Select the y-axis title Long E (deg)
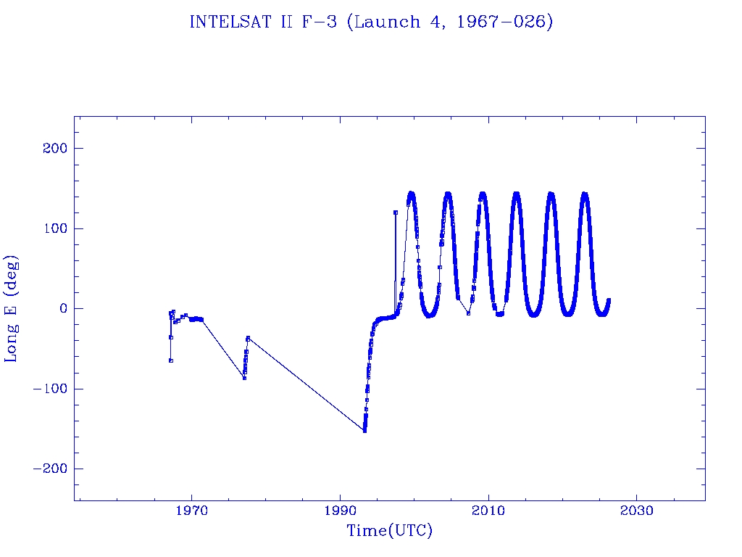coord(12,308)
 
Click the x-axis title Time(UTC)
coord(389,531)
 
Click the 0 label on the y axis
coord(62,309)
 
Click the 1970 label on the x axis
coord(191,511)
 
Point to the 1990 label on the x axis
coord(340,511)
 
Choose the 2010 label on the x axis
coord(488,511)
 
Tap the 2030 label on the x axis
coord(636,511)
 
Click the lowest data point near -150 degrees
coord(364,431)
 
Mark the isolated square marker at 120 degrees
coord(396,213)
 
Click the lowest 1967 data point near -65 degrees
coord(170,360)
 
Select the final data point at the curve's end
coord(609,300)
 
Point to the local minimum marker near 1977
coord(244,378)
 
